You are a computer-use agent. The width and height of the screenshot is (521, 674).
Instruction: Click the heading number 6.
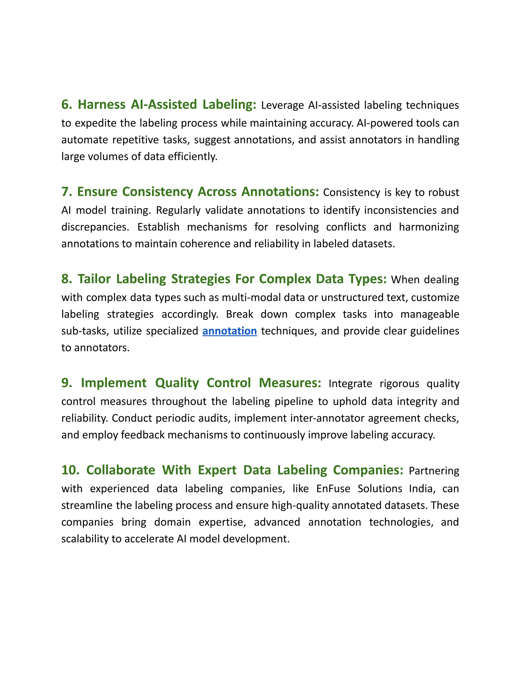point(66,105)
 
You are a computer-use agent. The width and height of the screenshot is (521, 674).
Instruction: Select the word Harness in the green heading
point(102,105)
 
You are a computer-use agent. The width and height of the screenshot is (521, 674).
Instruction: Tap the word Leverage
point(282,106)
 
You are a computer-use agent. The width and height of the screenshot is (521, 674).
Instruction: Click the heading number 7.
point(66,192)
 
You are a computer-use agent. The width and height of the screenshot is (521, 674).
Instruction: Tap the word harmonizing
point(429,227)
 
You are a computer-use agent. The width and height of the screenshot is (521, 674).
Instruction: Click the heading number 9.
point(66,383)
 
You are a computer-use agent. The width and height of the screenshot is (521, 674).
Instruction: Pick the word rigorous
point(399,384)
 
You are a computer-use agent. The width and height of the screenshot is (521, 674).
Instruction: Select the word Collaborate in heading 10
point(121,470)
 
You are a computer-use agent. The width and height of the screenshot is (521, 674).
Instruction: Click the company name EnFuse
point(333,489)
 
